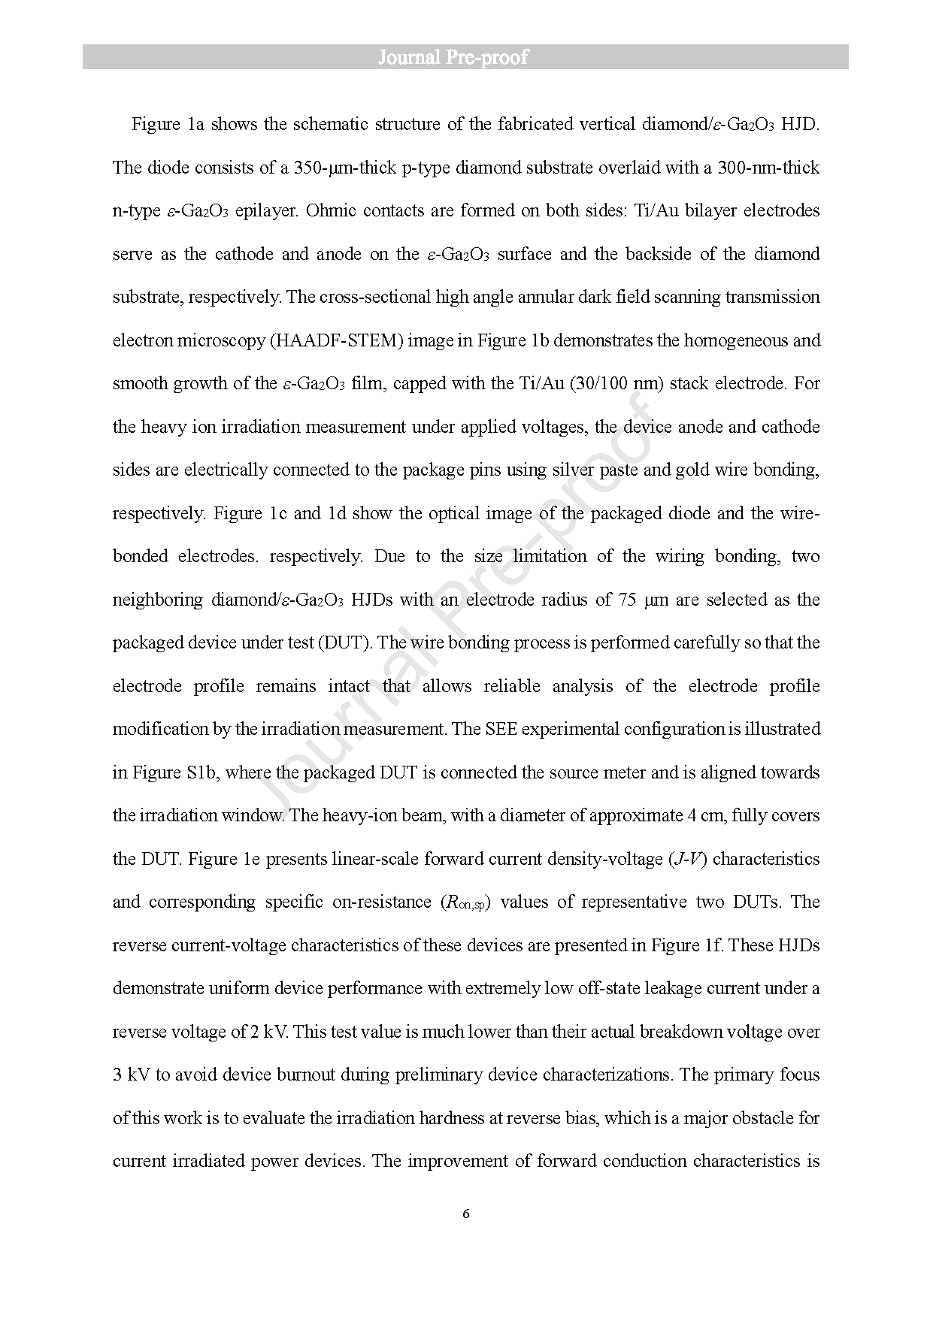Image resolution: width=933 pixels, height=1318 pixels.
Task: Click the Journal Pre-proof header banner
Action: tap(465, 57)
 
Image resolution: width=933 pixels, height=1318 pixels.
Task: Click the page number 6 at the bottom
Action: tap(466, 1214)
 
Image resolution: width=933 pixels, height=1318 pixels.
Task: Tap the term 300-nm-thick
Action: tap(766, 168)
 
